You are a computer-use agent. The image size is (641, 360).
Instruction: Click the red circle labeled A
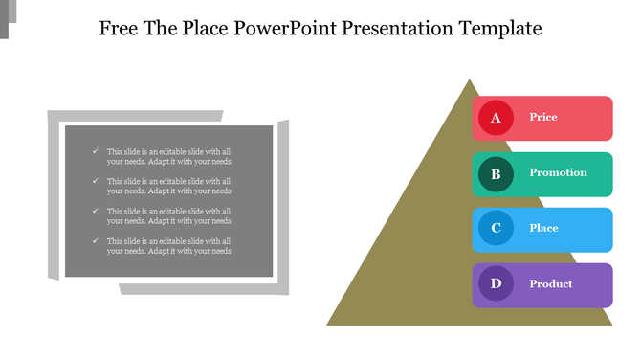tap(496, 118)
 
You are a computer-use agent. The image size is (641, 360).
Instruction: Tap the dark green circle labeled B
tap(496, 173)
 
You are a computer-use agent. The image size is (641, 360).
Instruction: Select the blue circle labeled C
tap(496, 229)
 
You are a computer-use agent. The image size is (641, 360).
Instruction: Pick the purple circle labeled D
tap(496, 284)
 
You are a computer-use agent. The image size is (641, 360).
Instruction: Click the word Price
tap(543, 117)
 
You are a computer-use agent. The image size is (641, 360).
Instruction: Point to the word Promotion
tap(558, 172)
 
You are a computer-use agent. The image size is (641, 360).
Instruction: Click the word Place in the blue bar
tap(543, 228)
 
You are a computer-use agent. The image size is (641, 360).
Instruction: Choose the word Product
tap(551, 283)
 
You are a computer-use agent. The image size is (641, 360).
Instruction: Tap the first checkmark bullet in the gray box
tap(94, 151)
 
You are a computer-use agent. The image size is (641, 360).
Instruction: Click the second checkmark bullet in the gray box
tap(94, 181)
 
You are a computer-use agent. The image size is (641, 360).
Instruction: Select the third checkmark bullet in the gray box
tap(94, 211)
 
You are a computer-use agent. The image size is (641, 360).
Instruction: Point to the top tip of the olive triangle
tap(469, 79)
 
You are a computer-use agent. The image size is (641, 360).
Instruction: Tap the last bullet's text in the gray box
tap(168, 246)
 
